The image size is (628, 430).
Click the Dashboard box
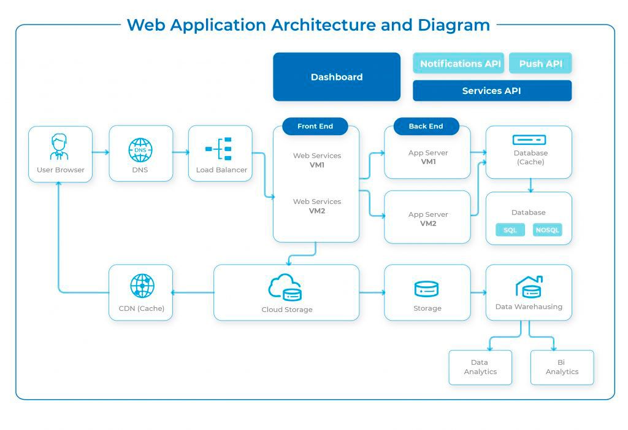336,77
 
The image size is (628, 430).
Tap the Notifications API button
458,63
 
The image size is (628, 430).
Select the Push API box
540,63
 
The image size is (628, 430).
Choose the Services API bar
492,91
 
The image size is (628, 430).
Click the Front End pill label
315,127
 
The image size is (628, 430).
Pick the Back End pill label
426,127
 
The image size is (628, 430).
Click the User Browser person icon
60,147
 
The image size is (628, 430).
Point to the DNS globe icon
140,149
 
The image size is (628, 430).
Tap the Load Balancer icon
220,149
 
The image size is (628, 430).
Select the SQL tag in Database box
510,230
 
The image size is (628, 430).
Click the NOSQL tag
547,230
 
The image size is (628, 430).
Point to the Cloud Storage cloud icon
285,287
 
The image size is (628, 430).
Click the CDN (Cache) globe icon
142,286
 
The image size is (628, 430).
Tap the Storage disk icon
427,288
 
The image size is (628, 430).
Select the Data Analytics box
480,367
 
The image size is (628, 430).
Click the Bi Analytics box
562,367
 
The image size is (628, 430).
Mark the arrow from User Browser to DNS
101,152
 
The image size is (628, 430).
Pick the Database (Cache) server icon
529,139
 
